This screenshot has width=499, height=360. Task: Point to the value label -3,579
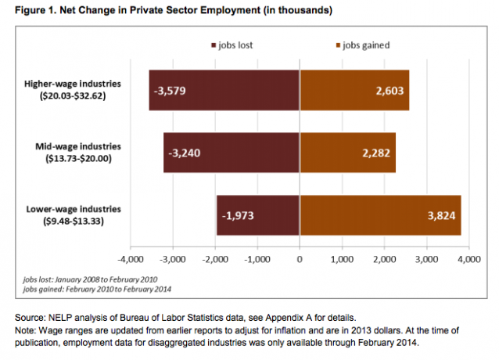168,90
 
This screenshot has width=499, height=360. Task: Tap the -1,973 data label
236,215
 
